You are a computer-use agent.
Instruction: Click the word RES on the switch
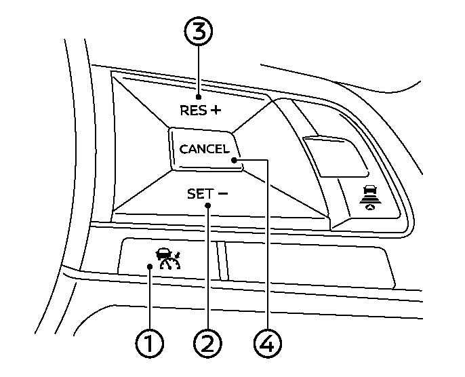point(192,110)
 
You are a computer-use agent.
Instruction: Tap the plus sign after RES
point(216,109)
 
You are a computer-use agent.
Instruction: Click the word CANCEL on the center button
point(205,149)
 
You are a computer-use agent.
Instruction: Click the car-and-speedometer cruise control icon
point(165,257)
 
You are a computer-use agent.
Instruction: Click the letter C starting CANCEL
point(184,150)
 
